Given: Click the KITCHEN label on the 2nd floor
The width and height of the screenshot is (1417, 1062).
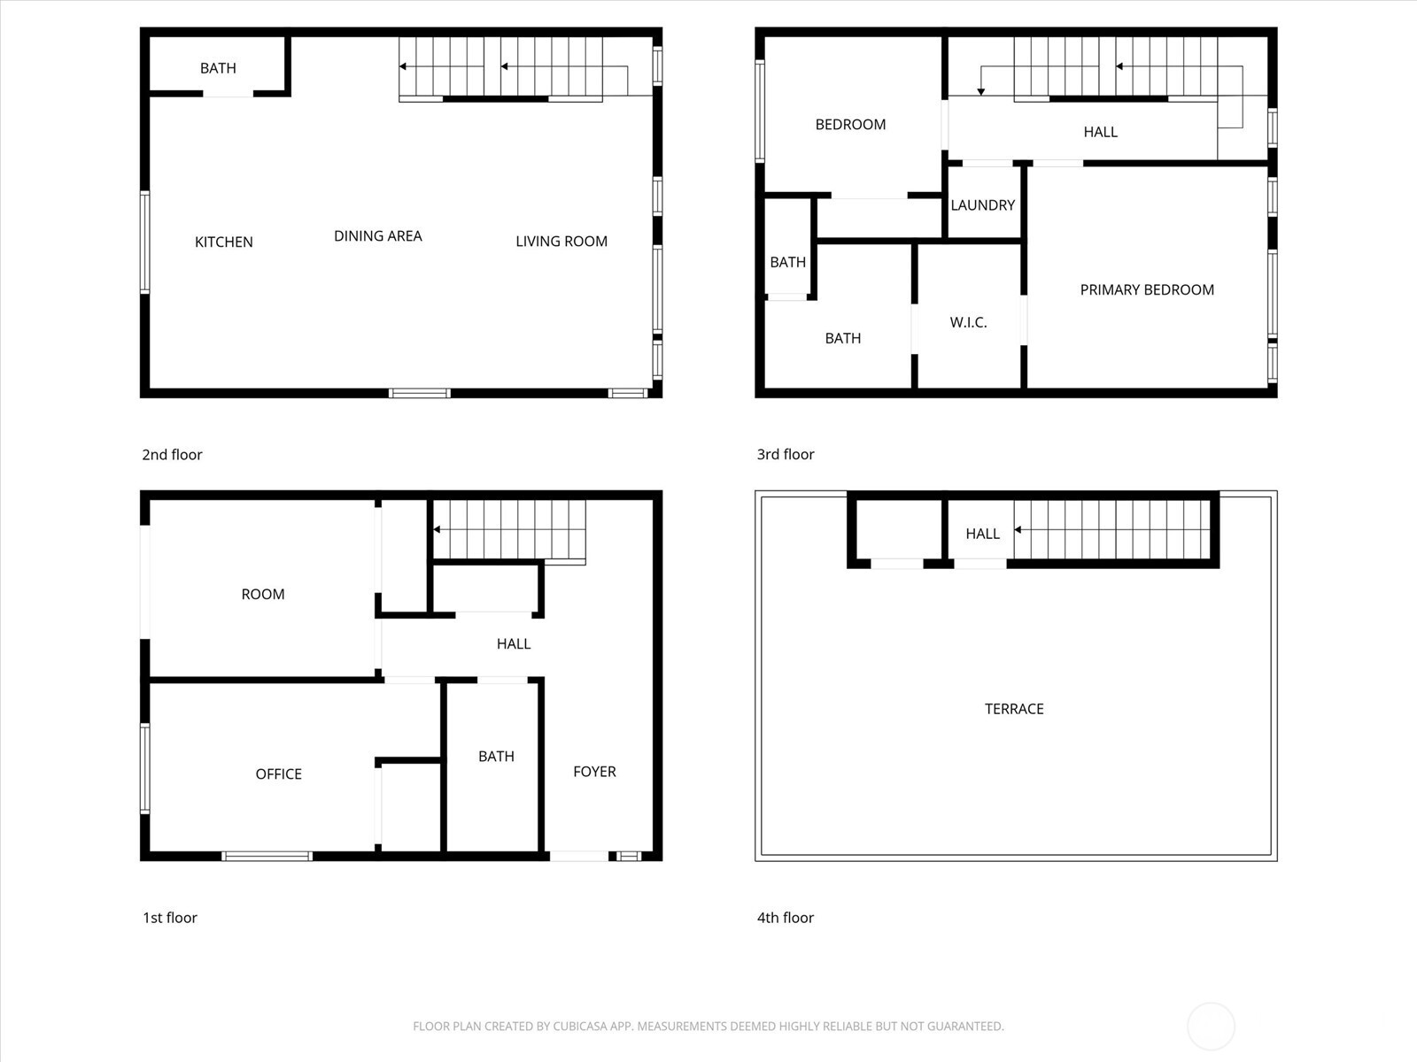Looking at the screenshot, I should point(223,242).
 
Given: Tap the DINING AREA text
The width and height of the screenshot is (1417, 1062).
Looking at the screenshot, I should point(377,235).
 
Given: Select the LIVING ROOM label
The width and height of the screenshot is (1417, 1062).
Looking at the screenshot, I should point(561,241).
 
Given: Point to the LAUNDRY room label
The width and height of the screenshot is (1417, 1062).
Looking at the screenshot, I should point(982,205).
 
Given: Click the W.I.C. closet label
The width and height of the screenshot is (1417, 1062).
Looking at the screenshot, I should point(968,322).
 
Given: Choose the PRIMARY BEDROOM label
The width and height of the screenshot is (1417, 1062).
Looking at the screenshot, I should point(1147,289).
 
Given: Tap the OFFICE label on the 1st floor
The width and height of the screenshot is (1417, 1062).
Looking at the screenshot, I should point(278,773).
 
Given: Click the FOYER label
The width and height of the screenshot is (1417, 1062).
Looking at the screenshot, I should point(594,772).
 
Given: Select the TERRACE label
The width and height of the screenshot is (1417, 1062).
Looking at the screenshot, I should point(1014,709).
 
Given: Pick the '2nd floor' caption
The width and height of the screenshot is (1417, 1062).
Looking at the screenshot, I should point(172,454).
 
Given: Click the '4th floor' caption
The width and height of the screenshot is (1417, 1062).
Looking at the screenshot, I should point(785,918).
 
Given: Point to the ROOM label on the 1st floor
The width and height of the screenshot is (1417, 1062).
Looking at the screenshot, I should point(263,594).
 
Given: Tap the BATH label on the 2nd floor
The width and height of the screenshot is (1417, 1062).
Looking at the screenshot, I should point(218,68).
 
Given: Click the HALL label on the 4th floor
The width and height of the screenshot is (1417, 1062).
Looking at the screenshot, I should point(982,534).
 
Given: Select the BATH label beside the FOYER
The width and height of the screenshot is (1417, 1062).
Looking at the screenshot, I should point(496,756).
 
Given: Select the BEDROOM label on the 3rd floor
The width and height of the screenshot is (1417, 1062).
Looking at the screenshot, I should point(850,125).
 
